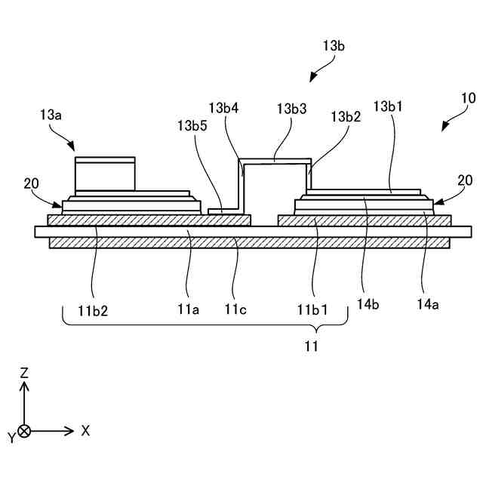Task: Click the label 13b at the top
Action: [x=334, y=47]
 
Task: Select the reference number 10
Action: [x=468, y=97]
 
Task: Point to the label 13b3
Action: [x=291, y=109]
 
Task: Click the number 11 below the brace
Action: [x=311, y=346]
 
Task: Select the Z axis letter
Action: [x=24, y=373]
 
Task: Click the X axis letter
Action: [x=85, y=430]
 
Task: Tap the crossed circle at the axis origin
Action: [x=24, y=431]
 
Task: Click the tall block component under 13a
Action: [x=105, y=174]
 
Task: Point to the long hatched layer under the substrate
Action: [x=250, y=243]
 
